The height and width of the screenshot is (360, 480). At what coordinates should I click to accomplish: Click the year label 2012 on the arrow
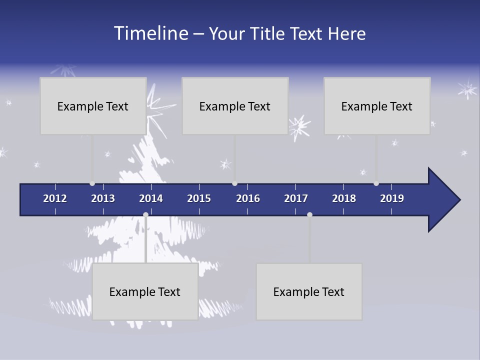[x=55, y=198]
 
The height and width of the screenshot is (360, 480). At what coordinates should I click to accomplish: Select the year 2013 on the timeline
[x=103, y=198]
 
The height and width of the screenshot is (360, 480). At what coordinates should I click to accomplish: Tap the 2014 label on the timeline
[x=151, y=198]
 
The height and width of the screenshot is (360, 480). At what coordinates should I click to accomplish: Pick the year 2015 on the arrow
[x=199, y=198]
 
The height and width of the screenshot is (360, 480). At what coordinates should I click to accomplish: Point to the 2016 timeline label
[x=248, y=198]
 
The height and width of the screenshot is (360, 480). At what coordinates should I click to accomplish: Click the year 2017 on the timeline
[x=296, y=198]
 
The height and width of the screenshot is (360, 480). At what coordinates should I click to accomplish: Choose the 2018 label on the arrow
[x=344, y=198]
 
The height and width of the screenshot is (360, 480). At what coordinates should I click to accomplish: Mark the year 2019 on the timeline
[x=392, y=198]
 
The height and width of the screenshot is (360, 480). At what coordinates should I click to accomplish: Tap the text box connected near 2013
[x=93, y=106]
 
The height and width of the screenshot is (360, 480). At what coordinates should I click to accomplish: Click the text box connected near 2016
[x=235, y=106]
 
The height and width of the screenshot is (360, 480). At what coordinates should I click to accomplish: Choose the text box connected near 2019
[x=377, y=106]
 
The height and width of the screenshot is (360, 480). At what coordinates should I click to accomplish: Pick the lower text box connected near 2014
[x=145, y=291]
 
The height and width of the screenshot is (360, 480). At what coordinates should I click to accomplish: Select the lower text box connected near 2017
[x=309, y=291]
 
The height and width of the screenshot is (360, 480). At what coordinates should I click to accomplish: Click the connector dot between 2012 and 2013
[x=92, y=183]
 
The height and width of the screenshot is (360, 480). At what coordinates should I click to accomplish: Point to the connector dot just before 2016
[x=234, y=183]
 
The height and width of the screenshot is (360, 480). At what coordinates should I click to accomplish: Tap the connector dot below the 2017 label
[x=309, y=214]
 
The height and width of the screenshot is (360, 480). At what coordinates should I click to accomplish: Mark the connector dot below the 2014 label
[x=145, y=214]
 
